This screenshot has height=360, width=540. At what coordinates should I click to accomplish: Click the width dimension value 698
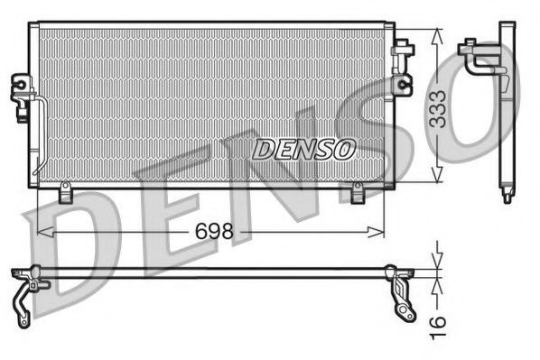[x=214, y=232]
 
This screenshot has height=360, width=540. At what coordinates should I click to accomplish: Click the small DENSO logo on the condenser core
[x=303, y=149]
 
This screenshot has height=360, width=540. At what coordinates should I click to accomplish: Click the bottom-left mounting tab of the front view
[x=65, y=192]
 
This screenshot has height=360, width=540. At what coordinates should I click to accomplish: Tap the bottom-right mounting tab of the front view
[x=357, y=192]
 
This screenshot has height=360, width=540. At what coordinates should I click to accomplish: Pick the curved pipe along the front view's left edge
[x=39, y=135]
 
